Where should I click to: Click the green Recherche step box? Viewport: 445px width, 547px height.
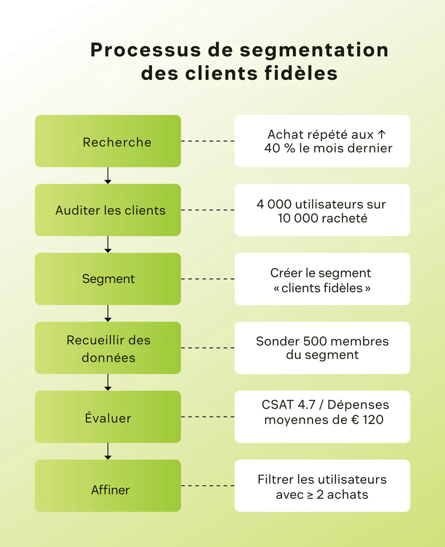point(108,142)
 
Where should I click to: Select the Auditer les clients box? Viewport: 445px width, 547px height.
point(108,210)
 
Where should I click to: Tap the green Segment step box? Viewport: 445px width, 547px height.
point(108,279)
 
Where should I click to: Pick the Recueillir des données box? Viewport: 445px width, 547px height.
point(108,348)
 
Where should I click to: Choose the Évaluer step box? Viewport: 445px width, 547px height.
point(108,417)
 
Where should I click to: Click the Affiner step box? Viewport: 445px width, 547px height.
point(108,486)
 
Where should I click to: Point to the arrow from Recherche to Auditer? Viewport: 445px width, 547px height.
point(108,176)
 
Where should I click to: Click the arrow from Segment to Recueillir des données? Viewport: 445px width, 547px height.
point(108,314)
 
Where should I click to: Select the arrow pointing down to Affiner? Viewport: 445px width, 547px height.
point(108,451)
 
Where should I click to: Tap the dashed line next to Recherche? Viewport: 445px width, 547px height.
point(208,142)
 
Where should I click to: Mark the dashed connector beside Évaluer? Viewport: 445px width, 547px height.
point(208,417)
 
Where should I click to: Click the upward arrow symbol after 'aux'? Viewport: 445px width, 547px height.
point(381,135)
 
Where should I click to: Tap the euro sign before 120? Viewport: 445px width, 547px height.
point(354,420)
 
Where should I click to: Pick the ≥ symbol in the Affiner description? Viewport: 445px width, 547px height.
point(309,495)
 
